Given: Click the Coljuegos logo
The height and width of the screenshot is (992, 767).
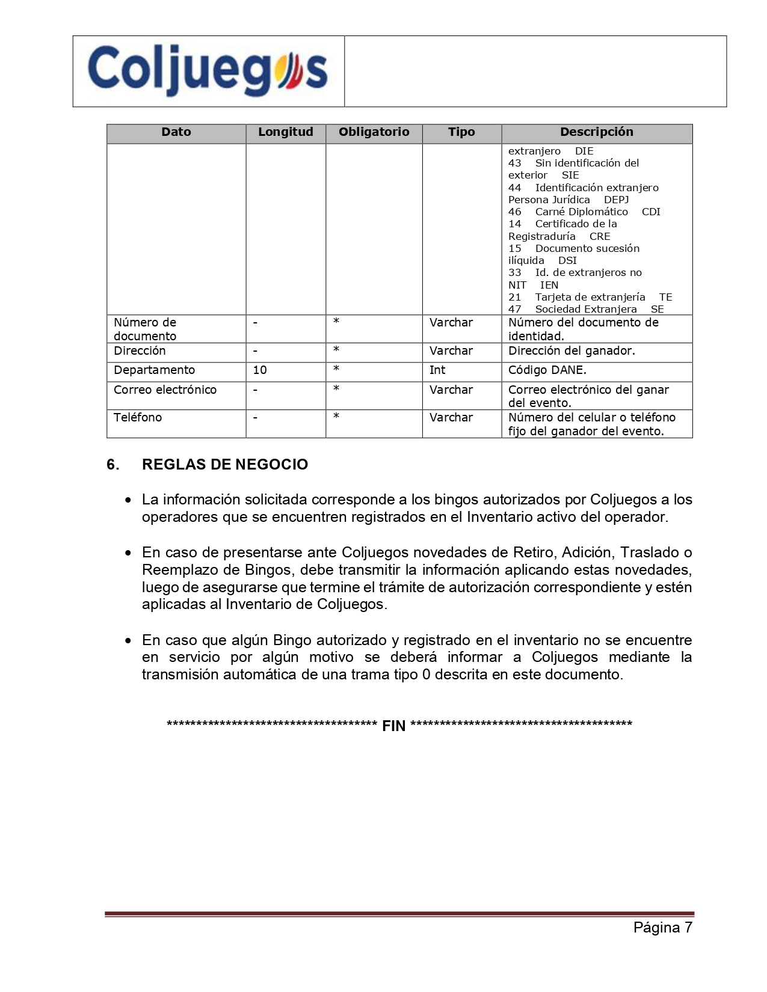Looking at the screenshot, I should [x=208, y=70].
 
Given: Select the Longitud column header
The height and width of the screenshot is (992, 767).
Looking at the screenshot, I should [x=285, y=132].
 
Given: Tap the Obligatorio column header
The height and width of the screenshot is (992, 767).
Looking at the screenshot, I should [x=374, y=132].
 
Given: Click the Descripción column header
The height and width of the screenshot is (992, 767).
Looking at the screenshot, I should [x=596, y=132].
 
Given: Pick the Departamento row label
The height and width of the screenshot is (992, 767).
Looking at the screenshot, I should [x=154, y=370].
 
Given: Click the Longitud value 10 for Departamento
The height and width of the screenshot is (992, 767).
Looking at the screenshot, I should [x=260, y=370].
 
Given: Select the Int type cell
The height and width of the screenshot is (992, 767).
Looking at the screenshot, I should [x=437, y=370].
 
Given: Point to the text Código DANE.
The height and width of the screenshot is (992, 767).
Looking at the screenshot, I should [x=547, y=370].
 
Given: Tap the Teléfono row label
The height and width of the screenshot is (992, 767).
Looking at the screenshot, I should [x=138, y=418].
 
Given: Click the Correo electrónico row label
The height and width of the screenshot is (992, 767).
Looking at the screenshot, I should [x=165, y=390].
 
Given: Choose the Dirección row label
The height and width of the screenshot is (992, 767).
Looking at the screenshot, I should [x=140, y=351].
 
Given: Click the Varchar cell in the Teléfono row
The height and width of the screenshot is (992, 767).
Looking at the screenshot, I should [x=451, y=418].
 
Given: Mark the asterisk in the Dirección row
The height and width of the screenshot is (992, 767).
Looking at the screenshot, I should [x=336, y=350].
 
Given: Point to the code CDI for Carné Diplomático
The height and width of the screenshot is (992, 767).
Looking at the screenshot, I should [x=651, y=212].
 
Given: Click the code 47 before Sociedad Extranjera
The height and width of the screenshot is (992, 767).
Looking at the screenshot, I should [x=515, y=310].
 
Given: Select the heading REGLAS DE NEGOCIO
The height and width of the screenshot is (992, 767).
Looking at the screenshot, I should [x=224, y=465].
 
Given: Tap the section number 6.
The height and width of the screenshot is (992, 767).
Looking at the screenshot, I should [x=112, y=465].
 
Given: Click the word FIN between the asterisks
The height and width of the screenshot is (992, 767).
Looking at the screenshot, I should [x=394, y=726].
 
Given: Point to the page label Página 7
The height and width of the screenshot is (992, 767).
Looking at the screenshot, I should [x=662, y=928].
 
